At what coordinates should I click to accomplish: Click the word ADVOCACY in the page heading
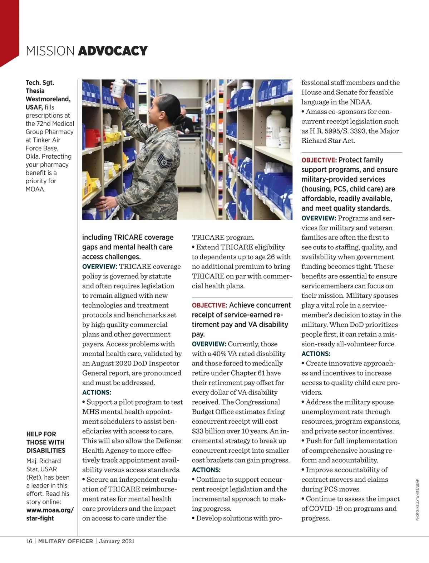[x=113, y=51]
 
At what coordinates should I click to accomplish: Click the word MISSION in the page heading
[x=50, y=51]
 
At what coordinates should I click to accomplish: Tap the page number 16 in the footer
[x=29, y=541]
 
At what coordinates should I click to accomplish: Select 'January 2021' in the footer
[x=117, y=541]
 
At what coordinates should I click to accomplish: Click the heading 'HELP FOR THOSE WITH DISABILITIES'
[x=46, y=442]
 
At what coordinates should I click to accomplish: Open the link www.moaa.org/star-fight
[x=50, y=514]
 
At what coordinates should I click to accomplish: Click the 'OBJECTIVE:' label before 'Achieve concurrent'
[x=209, y=305]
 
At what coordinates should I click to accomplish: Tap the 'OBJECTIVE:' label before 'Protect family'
[x=319, y=160]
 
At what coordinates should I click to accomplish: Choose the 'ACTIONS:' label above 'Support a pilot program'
[x=97, y=392]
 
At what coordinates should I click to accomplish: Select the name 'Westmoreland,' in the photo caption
[x=48, y=99]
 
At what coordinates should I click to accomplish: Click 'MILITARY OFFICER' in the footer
[x=65, y=541]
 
